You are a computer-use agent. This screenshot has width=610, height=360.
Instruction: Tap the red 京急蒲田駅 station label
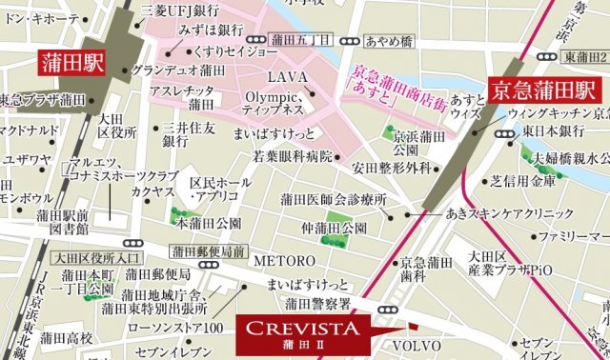click(x=542, y=91)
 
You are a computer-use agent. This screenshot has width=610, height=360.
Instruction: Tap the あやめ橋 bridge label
click(x=387, y=41)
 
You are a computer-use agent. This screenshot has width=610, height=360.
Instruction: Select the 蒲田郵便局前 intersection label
click(x=209, y=252)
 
